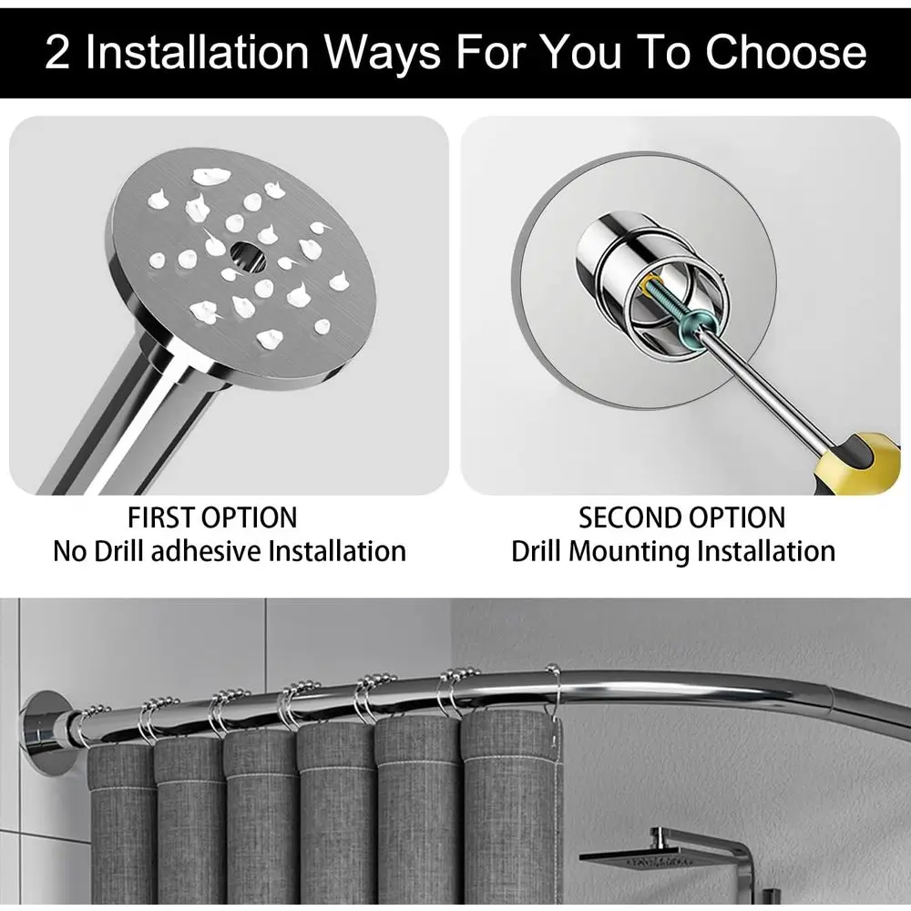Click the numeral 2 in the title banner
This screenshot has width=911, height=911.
click(57, 53)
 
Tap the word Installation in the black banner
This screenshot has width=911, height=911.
click(200, 53)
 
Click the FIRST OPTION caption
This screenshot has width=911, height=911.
click(212, 518)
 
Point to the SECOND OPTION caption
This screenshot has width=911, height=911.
click(681, 518)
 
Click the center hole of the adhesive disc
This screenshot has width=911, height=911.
click(246, 252)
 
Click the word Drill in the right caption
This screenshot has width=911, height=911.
click(544, 551)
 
